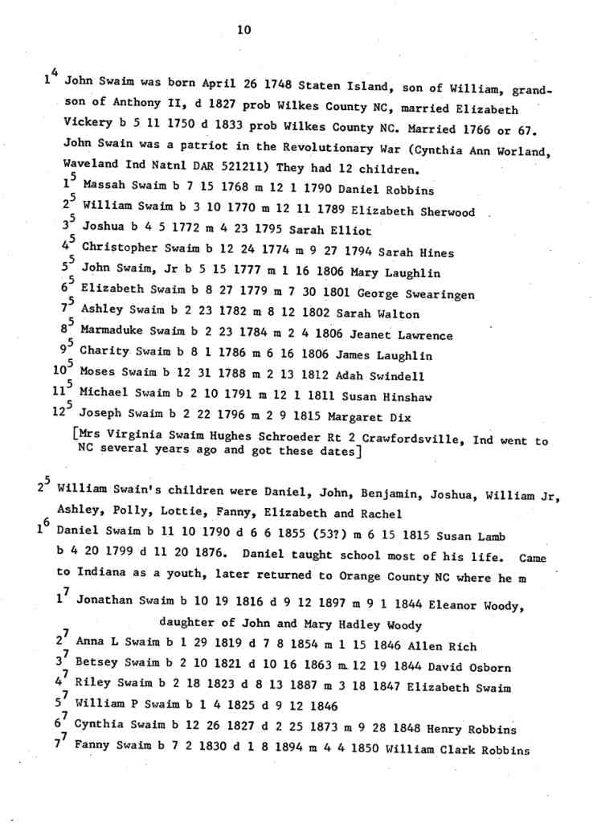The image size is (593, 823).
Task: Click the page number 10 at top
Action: tap(245, 30)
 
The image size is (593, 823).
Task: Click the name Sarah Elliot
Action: tap(325, 231)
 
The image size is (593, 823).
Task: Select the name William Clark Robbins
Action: tap(458, 751)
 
